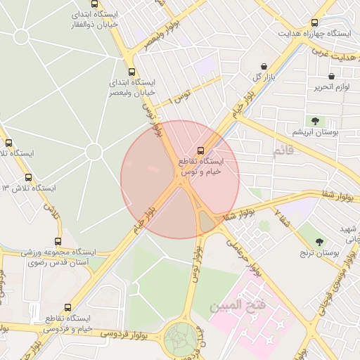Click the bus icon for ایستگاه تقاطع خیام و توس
(x=202, y=150)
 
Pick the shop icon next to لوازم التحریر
(x=331, y=75)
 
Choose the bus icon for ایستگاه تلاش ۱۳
(x=28, y=178)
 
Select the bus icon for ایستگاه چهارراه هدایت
(x=314, y=22)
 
